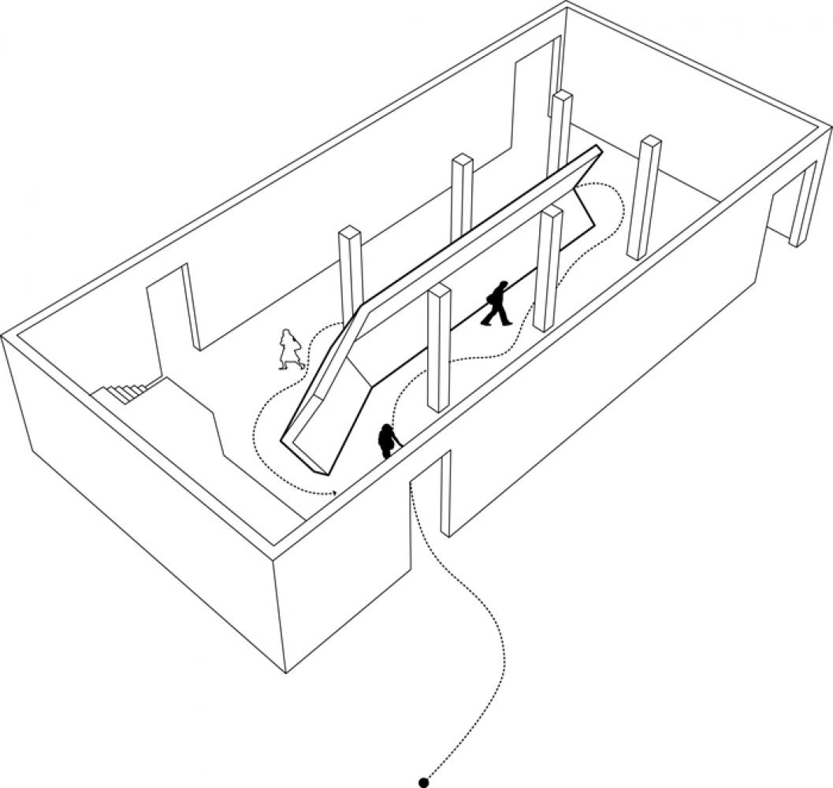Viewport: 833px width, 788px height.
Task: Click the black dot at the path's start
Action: (x=423, y=782)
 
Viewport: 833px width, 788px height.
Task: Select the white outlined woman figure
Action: (x=290, y=349)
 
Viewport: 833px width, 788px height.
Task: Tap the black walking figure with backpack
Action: (x=497, y=303)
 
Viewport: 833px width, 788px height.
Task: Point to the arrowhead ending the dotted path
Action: (x=336, y=493)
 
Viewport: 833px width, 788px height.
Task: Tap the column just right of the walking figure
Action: (x=548, y=268)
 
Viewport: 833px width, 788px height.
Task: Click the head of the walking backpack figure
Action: (x=502, y=284)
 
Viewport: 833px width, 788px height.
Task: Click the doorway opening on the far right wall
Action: (x=792, y=201)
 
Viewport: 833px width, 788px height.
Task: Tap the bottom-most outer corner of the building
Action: (x=286, y=672)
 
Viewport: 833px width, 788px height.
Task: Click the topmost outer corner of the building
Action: (x=566, y=4)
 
